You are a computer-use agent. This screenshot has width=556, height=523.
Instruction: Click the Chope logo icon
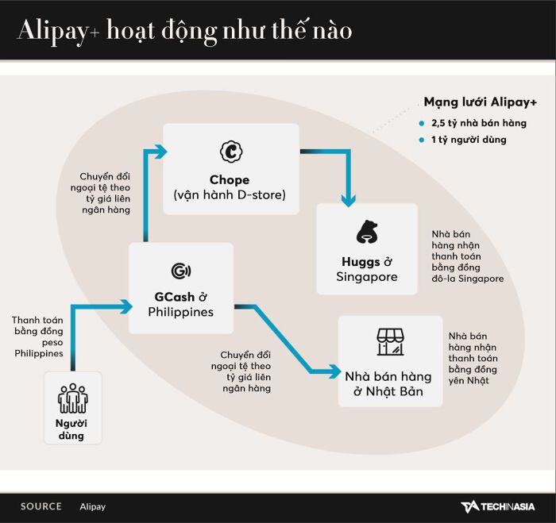230,151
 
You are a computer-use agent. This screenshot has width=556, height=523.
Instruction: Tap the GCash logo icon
180,271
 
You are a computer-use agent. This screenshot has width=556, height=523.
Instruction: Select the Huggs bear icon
366,233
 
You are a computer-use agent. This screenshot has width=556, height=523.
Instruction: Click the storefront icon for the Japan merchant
390,342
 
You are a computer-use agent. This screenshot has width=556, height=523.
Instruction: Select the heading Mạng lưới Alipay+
480,102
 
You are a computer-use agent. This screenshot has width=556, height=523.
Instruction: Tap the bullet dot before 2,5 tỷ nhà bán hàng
422,123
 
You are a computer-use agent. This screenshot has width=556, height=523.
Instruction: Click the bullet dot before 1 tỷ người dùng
422,140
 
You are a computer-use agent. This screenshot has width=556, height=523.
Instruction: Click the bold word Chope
230,180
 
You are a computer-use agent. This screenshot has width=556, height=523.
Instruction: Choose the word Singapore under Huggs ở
366,277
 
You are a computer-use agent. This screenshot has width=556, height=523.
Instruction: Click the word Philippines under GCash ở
180,312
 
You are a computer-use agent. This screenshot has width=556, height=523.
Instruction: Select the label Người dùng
71,429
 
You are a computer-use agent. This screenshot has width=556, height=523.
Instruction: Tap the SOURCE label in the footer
41,506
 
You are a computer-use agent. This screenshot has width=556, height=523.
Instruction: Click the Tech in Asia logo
497,506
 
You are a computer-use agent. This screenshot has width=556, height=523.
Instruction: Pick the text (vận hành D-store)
230,195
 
